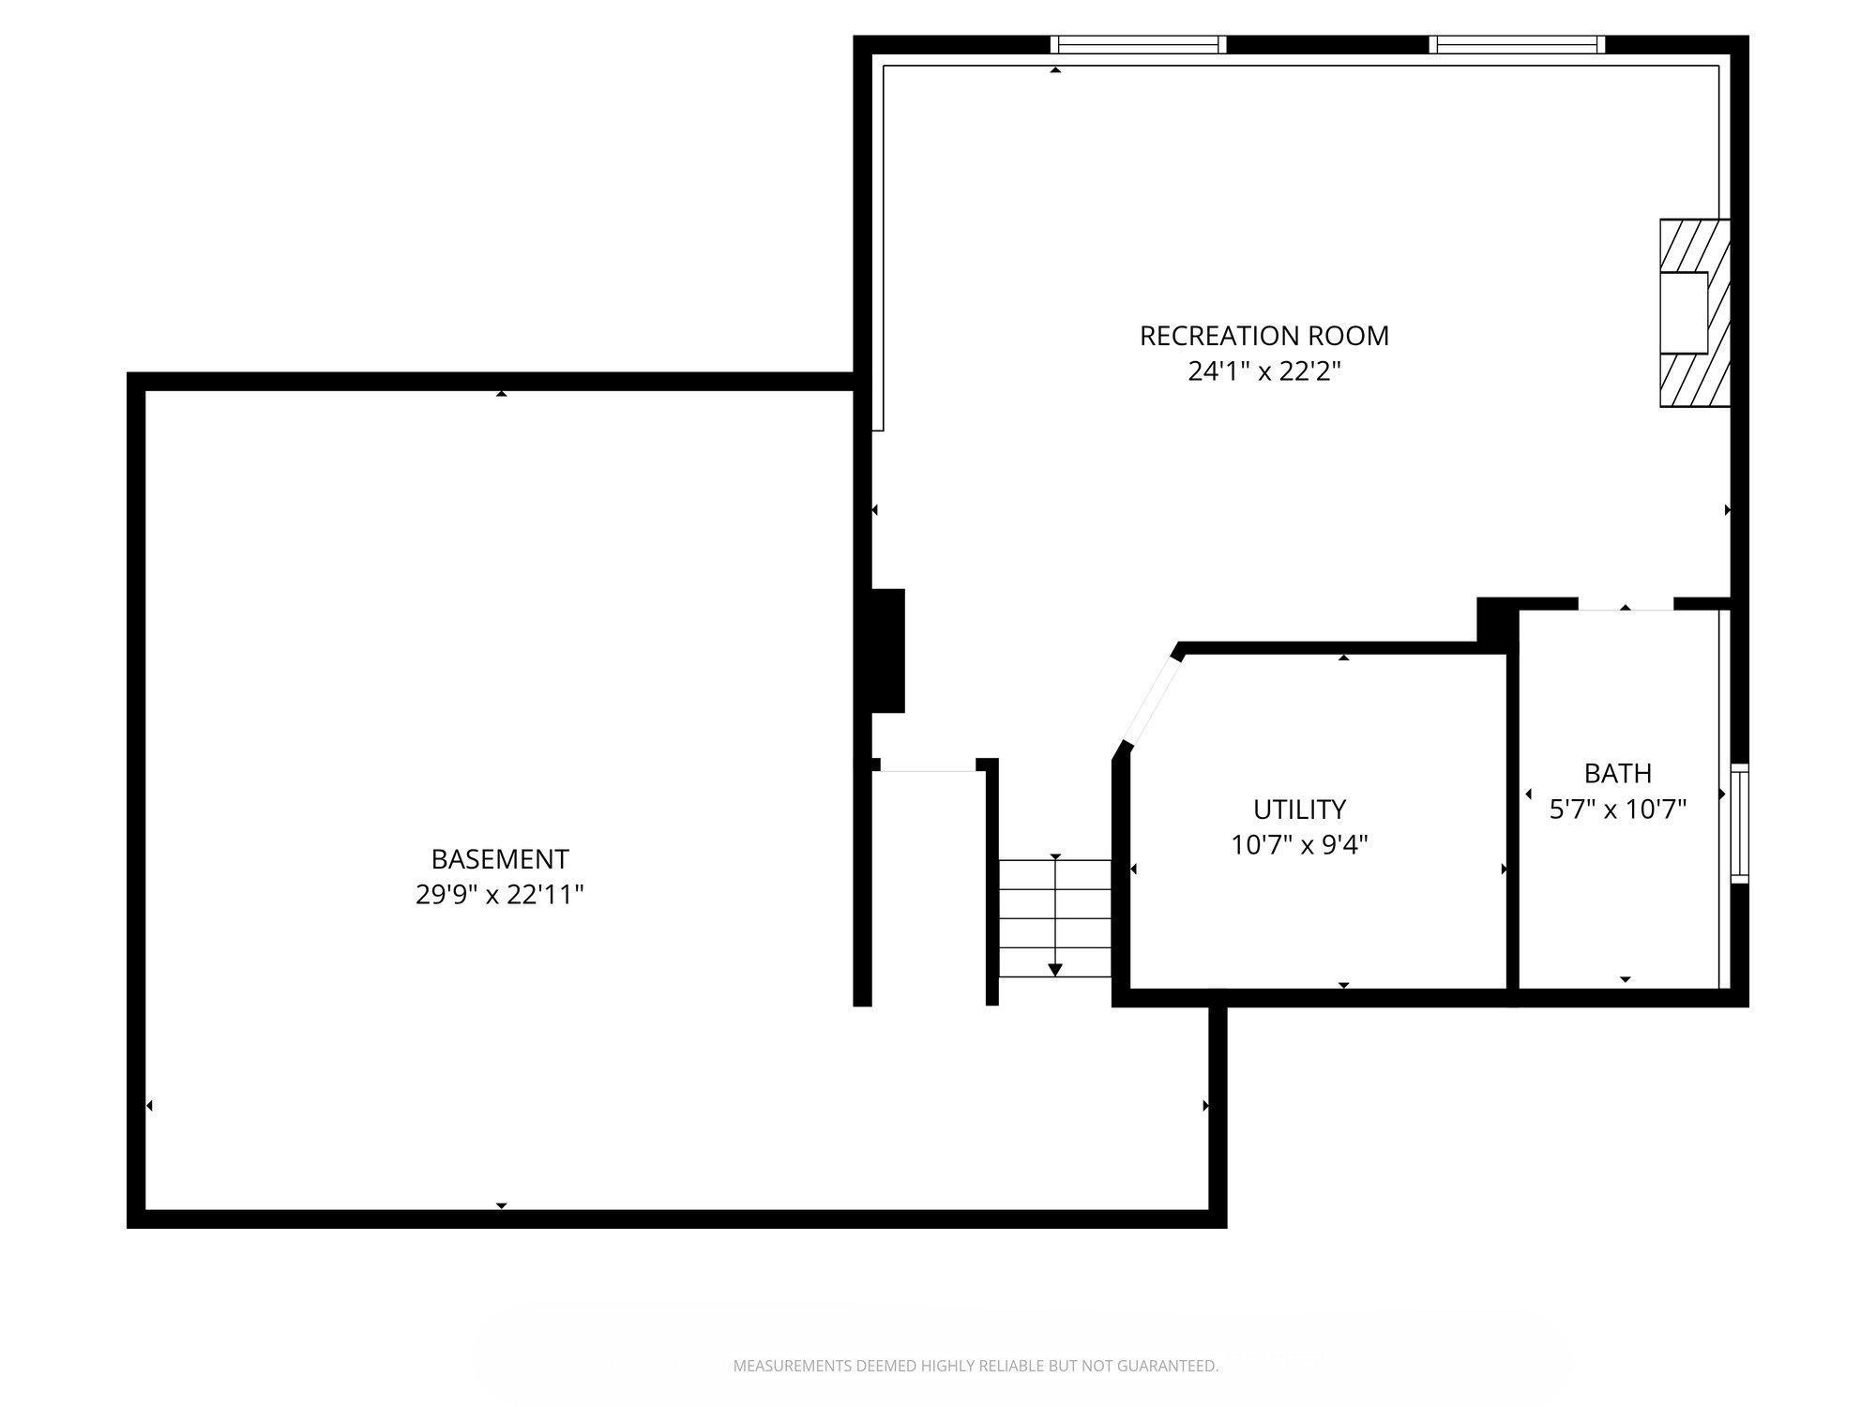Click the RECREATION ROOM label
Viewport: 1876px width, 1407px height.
pos(1263,336)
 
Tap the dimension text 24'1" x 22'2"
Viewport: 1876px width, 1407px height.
pos(1263,372)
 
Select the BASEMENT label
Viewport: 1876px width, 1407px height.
pos(499,859)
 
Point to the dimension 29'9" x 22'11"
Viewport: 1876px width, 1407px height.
pos(499,895)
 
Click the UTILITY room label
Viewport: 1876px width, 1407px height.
pos(1299,809)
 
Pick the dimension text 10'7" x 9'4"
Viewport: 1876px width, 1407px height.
pos(1299,845)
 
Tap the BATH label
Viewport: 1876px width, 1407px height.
pos(1617,774)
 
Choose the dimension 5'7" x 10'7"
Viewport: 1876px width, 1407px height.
pos(1617,809)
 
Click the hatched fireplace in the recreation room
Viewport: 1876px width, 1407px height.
pos(1694,313)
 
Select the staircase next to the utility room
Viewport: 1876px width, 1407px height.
pos(1055,918)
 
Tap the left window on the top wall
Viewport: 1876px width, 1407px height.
pos(1138,45)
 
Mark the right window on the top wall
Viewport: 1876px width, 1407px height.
pos(1517,45)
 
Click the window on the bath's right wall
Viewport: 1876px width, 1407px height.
pos(1739,824)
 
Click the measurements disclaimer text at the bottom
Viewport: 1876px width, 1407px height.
pos(976,1366)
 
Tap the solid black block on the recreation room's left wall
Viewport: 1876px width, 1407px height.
pos(887,651)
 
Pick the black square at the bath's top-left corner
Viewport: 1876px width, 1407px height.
pos(1495,620)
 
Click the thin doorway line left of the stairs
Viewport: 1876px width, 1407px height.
pos(928,771)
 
